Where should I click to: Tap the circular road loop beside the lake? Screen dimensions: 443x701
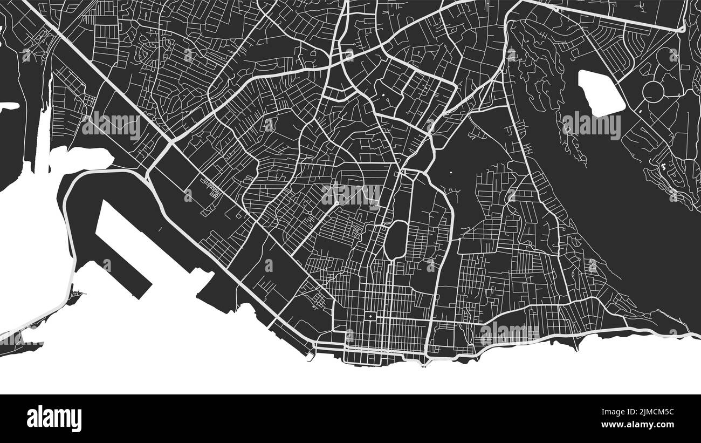tap(653, 91)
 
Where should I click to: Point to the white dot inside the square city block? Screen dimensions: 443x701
tap(370, 315)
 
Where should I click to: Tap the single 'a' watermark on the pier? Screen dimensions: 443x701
tap(107, 264)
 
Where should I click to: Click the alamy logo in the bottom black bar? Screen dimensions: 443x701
tap(54, 419)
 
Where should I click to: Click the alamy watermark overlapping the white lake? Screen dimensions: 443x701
tap(591, 125)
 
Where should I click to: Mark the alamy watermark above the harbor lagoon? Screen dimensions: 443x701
tap(111, 125)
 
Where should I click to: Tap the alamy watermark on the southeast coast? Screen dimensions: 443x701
tap(509, 333)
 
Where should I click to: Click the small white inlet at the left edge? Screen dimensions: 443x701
tap(8, 107)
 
